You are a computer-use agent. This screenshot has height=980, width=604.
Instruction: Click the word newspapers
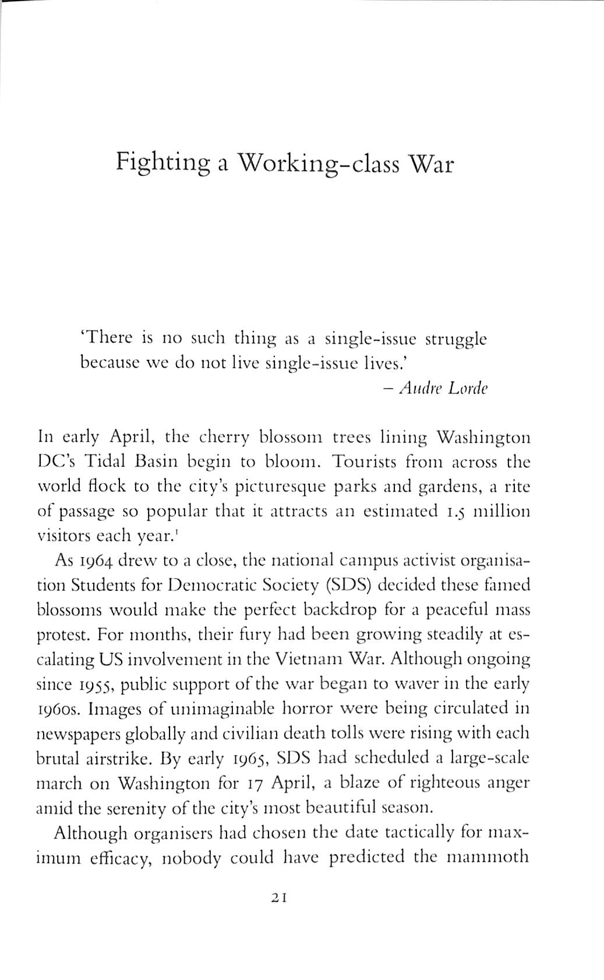pos(79,734)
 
